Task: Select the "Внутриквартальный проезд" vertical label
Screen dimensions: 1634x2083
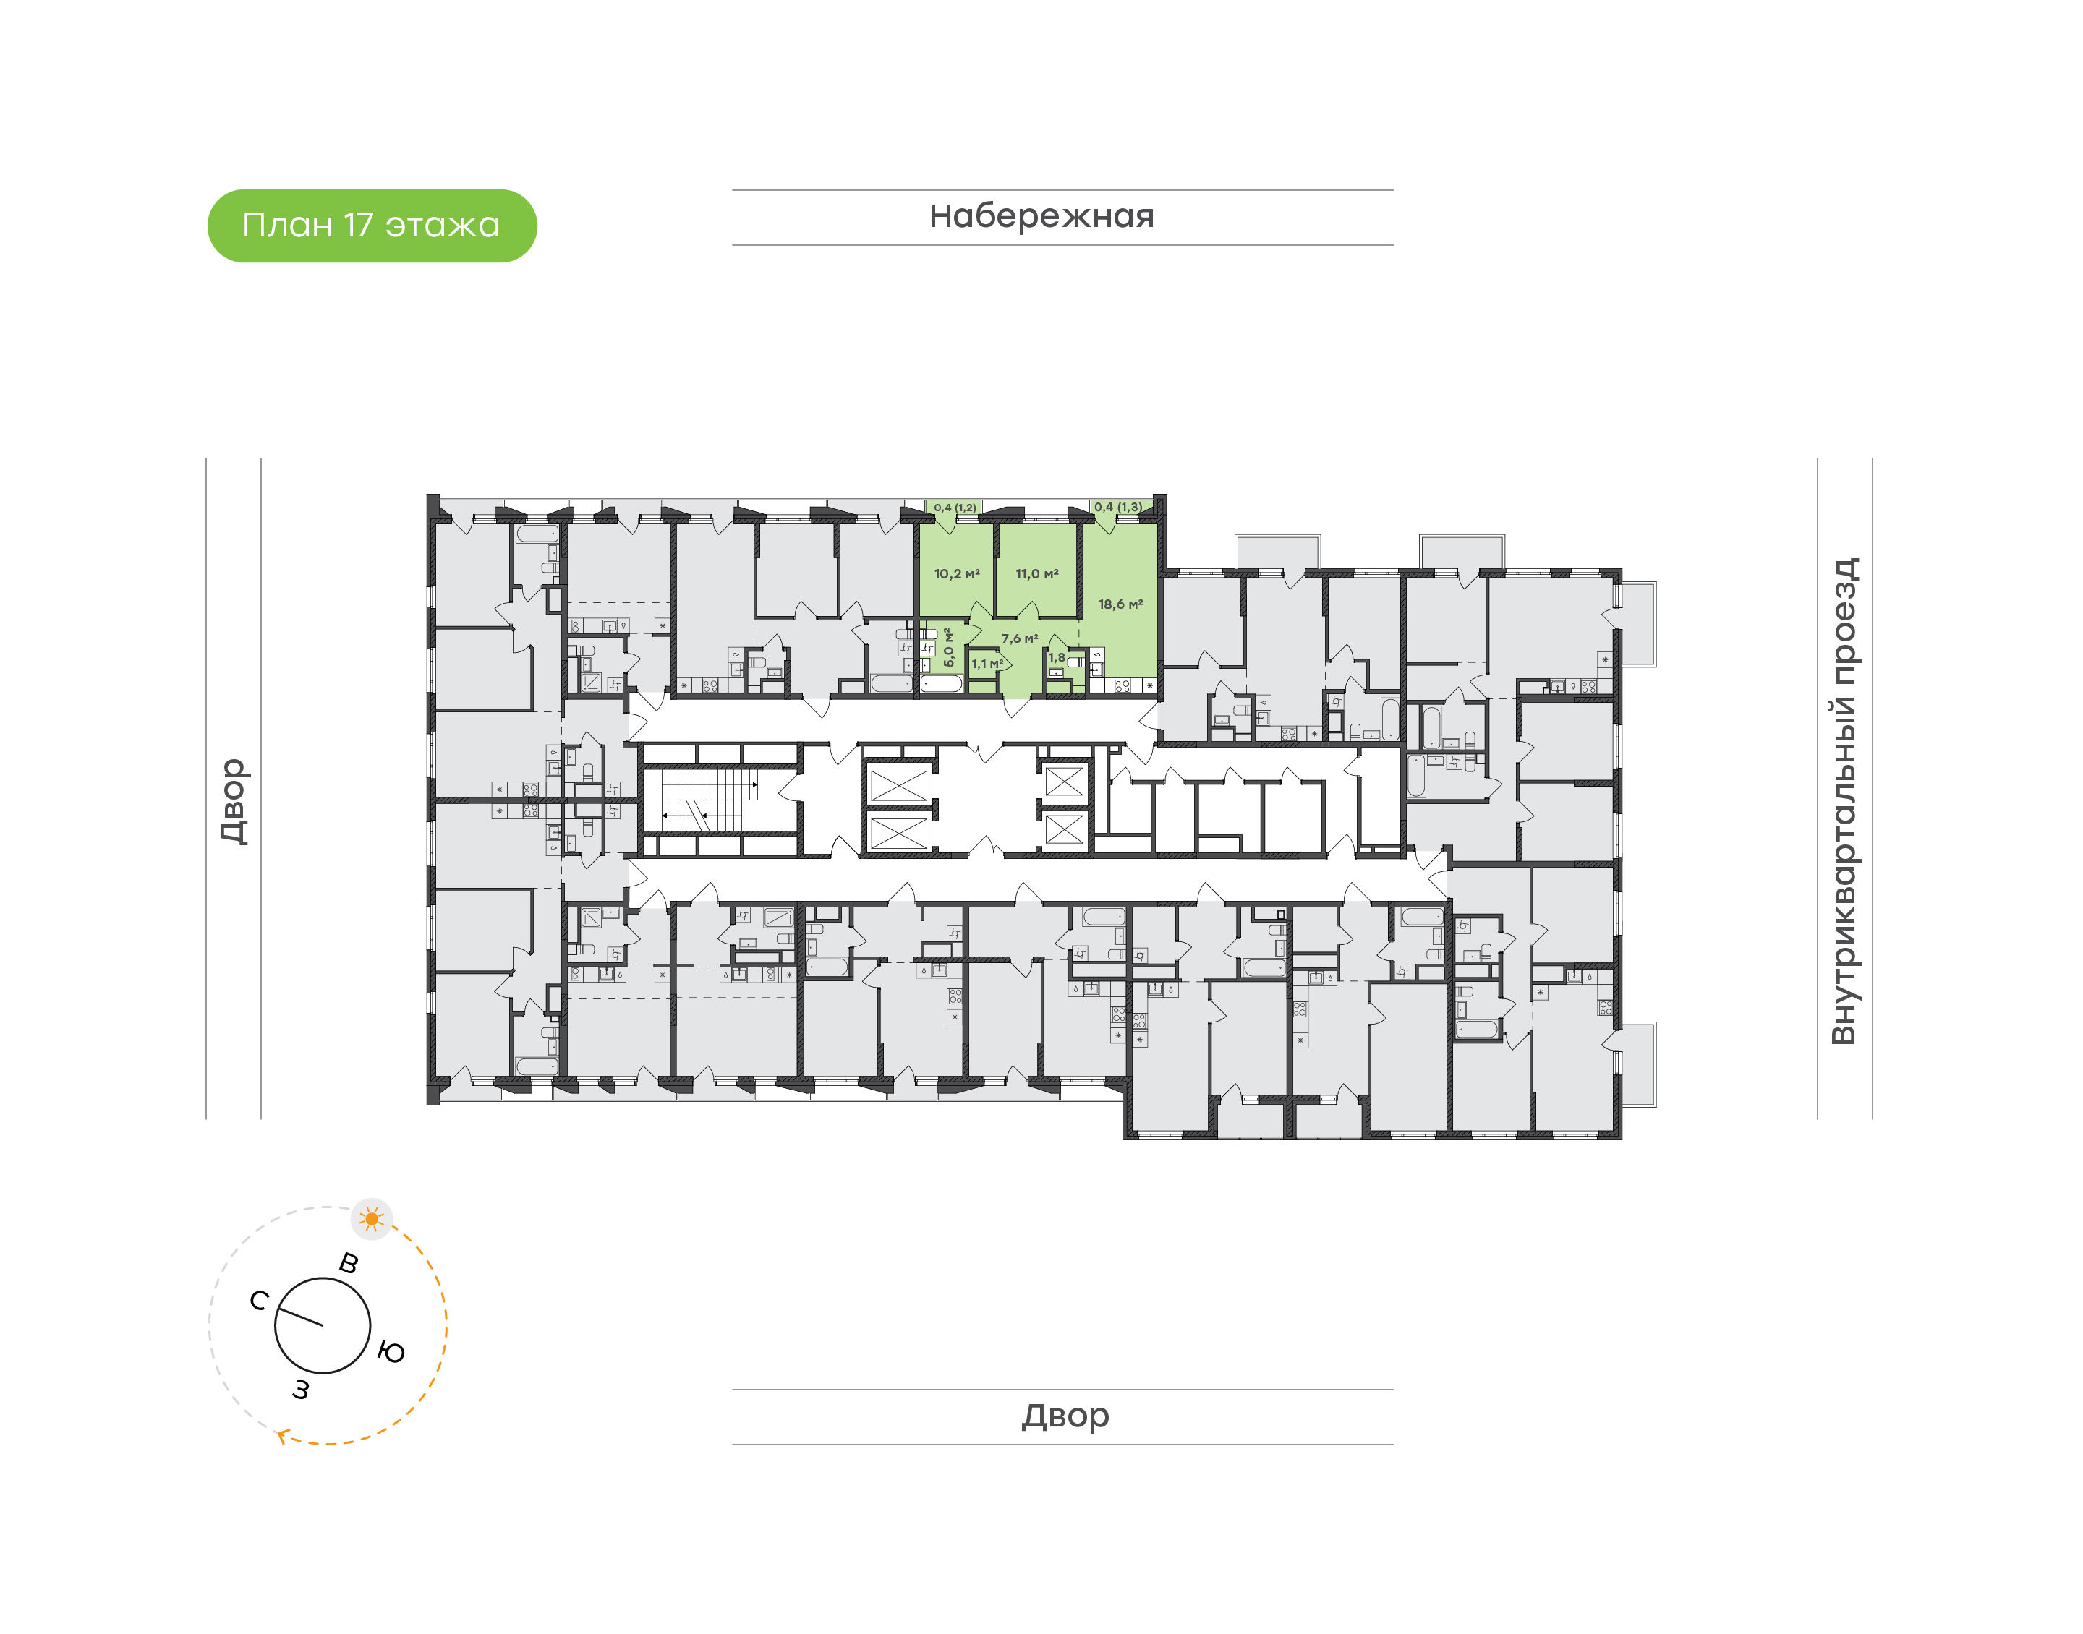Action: pos(1843,801)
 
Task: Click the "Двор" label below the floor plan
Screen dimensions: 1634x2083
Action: pos(1065,1415)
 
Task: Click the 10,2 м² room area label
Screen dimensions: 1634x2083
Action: pos(956,574)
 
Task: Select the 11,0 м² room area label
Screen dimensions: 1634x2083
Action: pos(1036,574)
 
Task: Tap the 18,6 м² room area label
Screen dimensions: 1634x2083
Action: pos(1120,604)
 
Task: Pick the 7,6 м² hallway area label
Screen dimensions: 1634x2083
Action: pos(1019,638)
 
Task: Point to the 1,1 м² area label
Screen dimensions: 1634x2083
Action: pos(987,664)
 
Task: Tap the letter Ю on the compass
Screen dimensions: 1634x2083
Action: pos(391,1352)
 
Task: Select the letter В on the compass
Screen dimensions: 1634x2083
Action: pos(349,1263)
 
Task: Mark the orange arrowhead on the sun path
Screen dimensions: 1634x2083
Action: pos(281,1435)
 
